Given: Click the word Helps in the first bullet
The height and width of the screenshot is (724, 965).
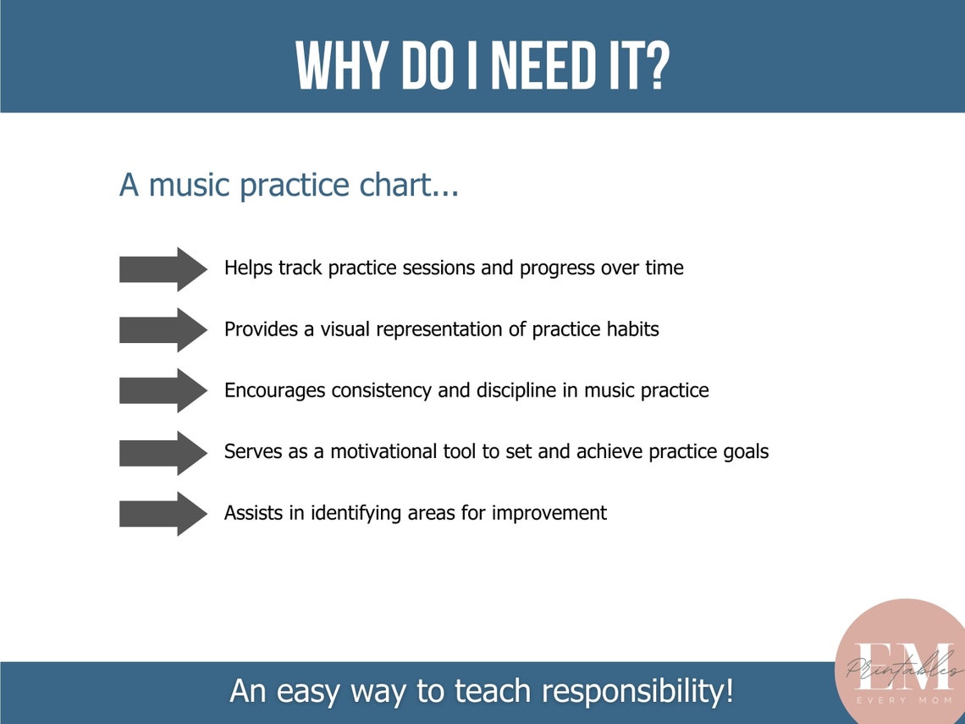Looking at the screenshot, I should coord(246,268).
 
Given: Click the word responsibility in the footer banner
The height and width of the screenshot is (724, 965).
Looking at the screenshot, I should coord(637,692).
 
